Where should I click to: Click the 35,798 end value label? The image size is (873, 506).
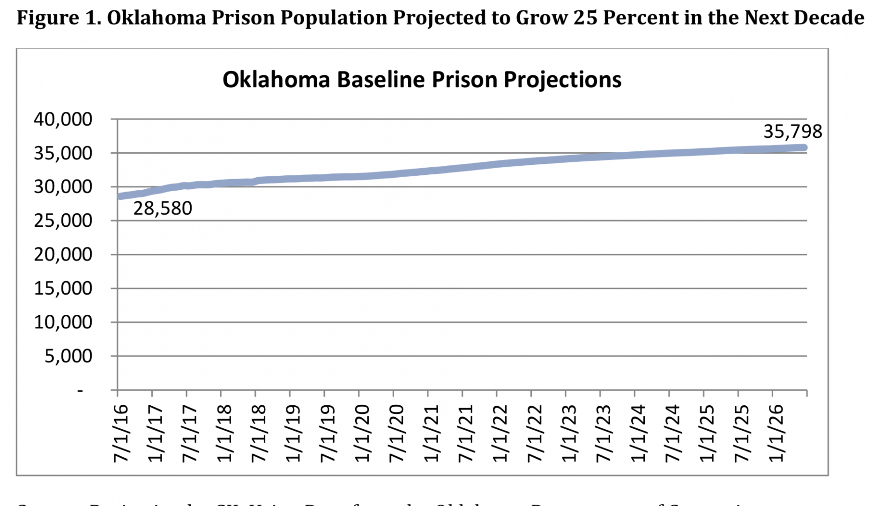pyautogui.click(x=792, y=132)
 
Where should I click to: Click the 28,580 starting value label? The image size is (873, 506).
pyautogui.click(x=163, y=208)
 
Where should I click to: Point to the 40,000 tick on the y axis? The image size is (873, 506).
pyautogui.click(x=63, y=119)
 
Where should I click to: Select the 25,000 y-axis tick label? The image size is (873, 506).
pyautogui.click(x=63, y=221)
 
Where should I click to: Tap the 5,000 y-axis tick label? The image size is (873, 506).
pyautogui.click(x=68, y=356)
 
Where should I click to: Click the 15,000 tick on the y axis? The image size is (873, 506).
pyautogui.click(x=63, y=289)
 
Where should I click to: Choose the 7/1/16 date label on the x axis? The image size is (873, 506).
pyautogui.click(x=120, y=433)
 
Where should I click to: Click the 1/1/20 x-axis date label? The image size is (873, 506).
pyautogui.click(x=362, y=433)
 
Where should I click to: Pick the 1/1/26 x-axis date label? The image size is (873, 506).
pyautogui.click(x=776, y=433)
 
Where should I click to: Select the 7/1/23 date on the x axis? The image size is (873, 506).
pyautogui.click(x=603, y=433)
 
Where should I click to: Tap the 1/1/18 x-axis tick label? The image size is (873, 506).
pyautogui.click(x=224, y=433)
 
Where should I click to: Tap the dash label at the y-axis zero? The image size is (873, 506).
pyautogui.click(x=80, y=390)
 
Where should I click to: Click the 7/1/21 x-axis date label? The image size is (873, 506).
pyautogui.click(x=465, y=433)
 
